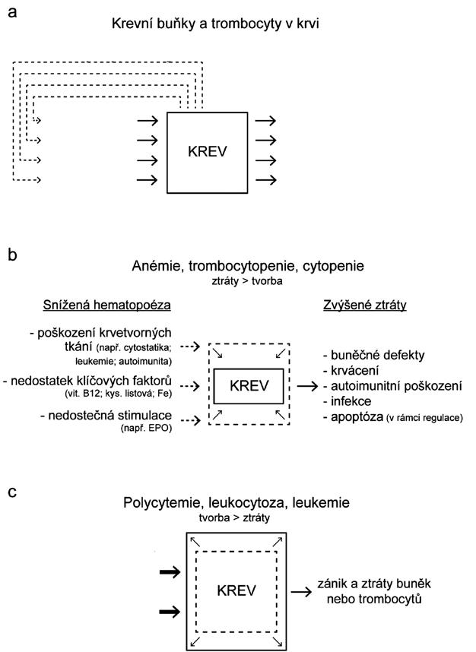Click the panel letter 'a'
[x=12, y=12]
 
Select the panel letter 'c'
[x=12, y=491]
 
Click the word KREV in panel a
[x=208, y=151]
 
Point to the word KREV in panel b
[x=249, y=385]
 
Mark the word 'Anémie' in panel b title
[x=155, y=267]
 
